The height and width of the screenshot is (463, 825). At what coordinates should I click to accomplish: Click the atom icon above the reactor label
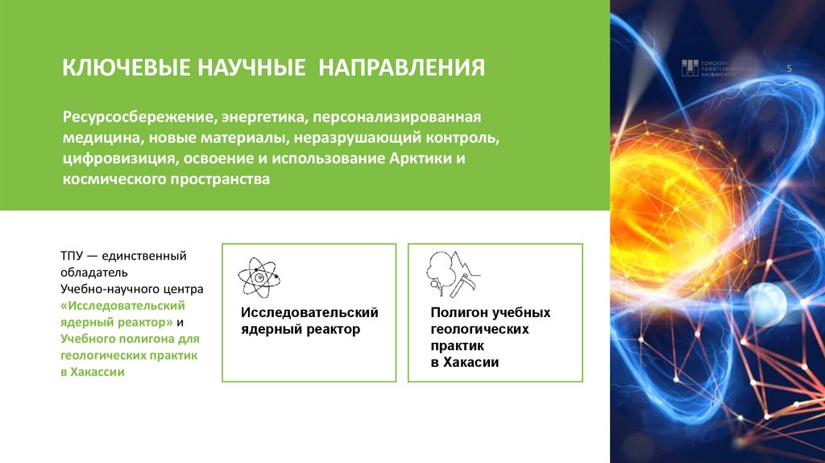tap(259, 277)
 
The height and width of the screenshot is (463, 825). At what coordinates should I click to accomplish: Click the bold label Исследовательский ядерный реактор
tap(309, 321)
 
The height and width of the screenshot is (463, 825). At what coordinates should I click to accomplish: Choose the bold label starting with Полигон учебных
tap(490, 312)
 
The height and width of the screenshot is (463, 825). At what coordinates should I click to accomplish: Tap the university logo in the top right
tap(716, 69)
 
